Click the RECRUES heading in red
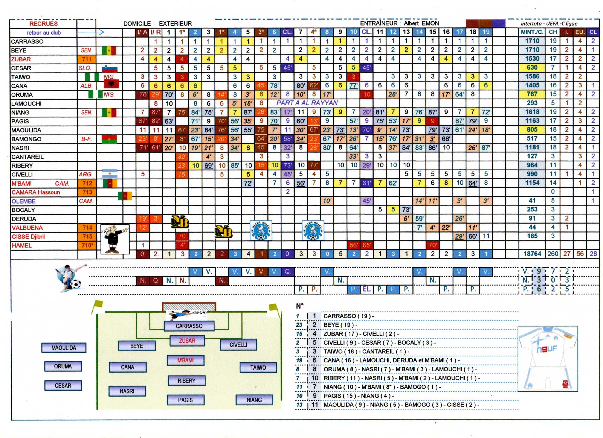pos(43,24)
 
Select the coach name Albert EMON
pos(421,23)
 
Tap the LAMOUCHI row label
pos(26,104)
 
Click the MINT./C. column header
pos(532,32)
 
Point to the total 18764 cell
pos(532,254)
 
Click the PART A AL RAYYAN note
pos(307,103)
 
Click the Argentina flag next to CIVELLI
pos(110,174)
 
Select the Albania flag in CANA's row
pos(111,85)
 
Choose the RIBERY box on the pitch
pos(186,381)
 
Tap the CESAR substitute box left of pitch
pos(63,386)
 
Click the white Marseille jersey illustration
pos(548,359)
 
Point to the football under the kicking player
pos(76,284)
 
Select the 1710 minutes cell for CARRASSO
pos(532,41)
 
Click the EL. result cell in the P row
pos(367,289)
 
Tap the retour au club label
pos(43,33)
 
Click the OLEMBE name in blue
pos(23,201)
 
